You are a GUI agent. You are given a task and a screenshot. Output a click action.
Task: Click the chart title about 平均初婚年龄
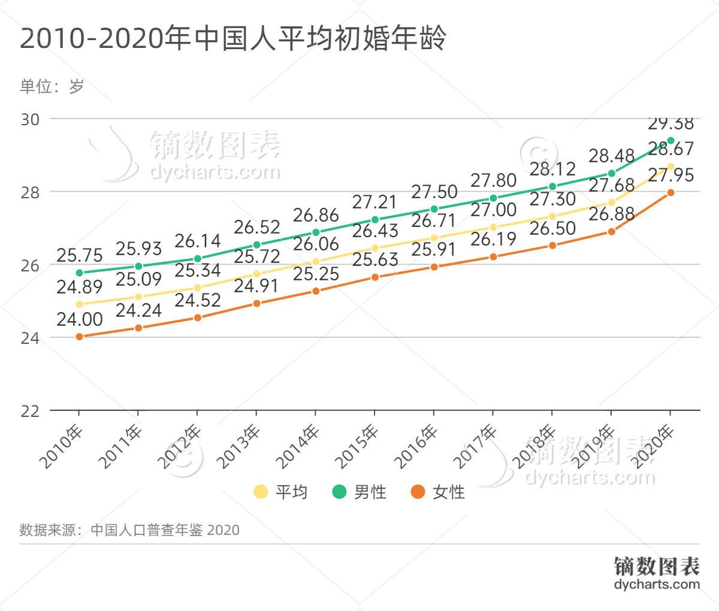[233, 39]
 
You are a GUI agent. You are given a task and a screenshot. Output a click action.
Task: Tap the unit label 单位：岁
[52, 87]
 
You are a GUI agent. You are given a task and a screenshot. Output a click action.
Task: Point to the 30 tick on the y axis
[30, 119]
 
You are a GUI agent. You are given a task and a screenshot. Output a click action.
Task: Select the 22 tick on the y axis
[30, 411]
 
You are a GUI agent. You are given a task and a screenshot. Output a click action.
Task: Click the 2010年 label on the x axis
[62, 447]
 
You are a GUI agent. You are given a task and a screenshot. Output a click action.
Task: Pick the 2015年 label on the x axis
[357, 447]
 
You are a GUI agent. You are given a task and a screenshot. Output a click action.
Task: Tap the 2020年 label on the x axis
[653, 447]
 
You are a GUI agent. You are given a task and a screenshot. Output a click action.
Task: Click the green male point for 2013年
[256, 245]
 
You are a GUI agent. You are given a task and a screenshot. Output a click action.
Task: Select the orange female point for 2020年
[670, 193]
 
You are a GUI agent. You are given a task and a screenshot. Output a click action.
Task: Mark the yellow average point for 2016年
[434, 238]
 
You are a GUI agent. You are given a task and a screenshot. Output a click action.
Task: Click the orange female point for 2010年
[79, 337]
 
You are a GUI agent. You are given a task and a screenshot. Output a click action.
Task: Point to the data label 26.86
[316, 215]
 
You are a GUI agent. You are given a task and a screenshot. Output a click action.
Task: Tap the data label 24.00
[80, 319]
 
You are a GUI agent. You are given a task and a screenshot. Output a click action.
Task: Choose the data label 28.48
[611, 156]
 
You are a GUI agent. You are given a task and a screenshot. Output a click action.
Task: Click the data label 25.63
[375, 259]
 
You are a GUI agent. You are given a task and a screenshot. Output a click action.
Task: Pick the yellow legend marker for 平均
[261, 492]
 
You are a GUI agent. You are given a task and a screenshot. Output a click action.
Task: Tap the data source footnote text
[129, 530]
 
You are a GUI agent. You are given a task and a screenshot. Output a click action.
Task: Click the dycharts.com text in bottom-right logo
[657, 585]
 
